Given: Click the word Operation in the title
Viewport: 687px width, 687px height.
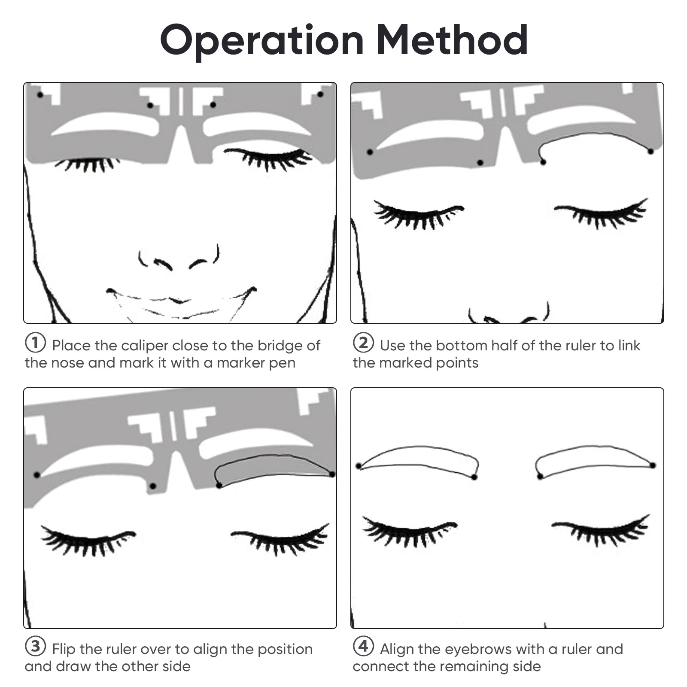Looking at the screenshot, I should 262,41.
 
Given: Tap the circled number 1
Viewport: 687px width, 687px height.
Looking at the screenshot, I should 35,343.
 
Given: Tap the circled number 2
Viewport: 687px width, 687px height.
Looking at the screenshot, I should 363,343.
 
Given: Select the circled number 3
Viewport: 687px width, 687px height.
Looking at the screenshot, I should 35,646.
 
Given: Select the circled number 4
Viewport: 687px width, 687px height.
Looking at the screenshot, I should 363,646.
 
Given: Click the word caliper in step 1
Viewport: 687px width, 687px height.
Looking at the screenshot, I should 145,346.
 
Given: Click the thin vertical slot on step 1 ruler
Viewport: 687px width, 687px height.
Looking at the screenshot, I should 181,101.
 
